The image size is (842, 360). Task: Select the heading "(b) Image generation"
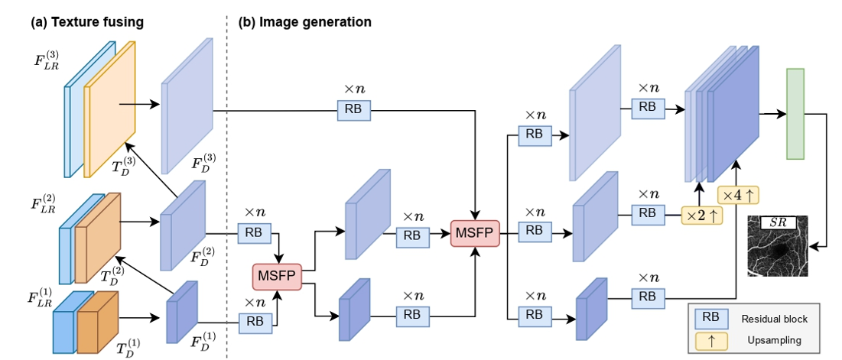click(305, 22)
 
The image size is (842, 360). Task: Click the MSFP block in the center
click(476, 231)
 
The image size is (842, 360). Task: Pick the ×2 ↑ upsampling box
click(702, 216)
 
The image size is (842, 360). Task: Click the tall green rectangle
click(795, 114)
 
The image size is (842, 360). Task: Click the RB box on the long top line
click(354, 110)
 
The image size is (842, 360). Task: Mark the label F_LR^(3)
click(46, 58)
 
